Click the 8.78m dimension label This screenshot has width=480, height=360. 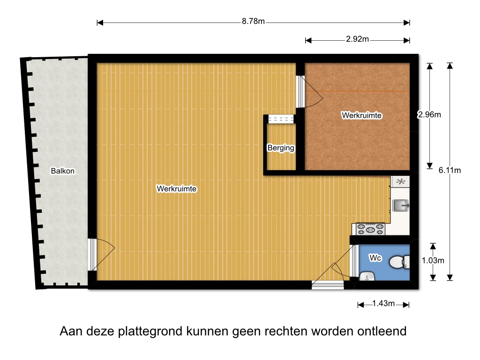click(253, 21)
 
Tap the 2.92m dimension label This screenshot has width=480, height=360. click(357, 39)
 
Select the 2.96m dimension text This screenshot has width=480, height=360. click(429, 114)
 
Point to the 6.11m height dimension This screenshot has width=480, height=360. click(450, 170)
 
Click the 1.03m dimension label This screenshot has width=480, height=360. click(433, 261)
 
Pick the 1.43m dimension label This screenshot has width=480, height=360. click(383, 303)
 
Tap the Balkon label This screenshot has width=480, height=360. click(63, 171)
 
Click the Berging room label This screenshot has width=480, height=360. click(281, 148)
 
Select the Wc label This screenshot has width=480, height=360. click(375, 258)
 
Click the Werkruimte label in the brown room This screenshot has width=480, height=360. click(361, 115)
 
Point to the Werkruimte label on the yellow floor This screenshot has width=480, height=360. click(177, 188)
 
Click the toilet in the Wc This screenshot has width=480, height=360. click(399, 262)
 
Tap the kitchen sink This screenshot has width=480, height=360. click(401, 205)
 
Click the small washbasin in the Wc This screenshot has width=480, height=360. click(367, 276)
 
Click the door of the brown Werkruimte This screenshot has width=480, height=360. click(309, 91)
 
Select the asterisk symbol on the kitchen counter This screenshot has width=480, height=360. click(400, 181)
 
